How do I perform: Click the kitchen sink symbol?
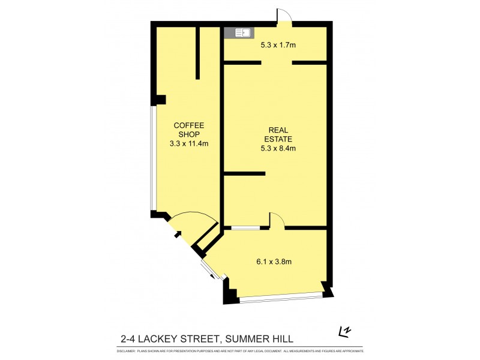coord(242,33)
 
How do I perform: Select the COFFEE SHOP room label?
coord(188,130)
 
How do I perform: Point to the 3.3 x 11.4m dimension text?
coord(188,143)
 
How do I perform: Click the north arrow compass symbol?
coord(344,331)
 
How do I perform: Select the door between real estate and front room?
coord(277,221)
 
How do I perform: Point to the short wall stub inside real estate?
coord(244,173)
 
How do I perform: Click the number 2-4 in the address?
coord(127,339)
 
